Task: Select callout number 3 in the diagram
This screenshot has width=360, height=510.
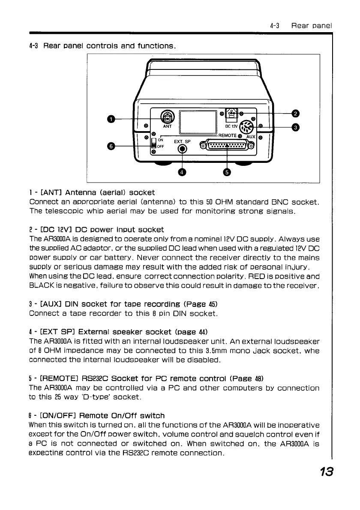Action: click(x=295, y=127)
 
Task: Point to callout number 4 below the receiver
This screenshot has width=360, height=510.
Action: click(x=183, y=172)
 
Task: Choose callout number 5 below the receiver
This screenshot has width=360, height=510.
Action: click(x=227, y=172)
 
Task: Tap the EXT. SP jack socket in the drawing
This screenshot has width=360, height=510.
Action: click(x=183, y=149)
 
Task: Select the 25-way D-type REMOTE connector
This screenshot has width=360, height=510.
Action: click(x=227, y=144)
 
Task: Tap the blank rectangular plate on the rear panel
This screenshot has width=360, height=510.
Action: click(x=198, y=121)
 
